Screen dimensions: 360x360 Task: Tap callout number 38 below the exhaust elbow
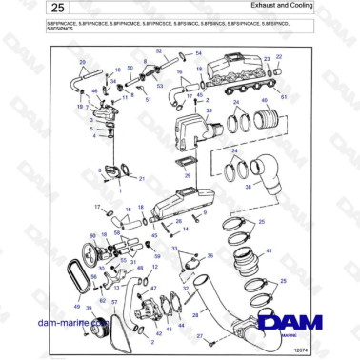[x=249, y=188]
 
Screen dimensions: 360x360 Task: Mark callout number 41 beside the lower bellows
[x=270, y=250]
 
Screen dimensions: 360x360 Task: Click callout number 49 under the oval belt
[x=77, y=309]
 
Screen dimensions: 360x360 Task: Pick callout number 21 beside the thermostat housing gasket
[x=142, y=179]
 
